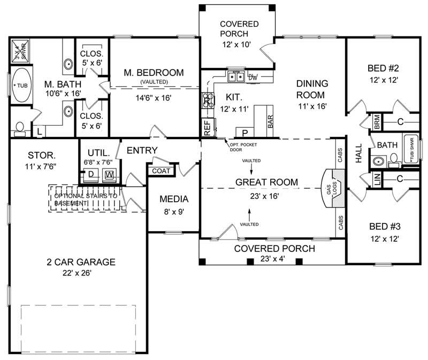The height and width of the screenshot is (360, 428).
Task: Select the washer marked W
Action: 109,174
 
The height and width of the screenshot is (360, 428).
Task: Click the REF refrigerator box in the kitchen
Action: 207,126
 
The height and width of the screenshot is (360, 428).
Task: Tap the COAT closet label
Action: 162,171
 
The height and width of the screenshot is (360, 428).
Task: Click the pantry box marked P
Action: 246,132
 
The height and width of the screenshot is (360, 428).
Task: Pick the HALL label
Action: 358,152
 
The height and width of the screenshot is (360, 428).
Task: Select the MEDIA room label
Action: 173,199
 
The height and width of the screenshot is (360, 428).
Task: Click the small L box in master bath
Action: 40,131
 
